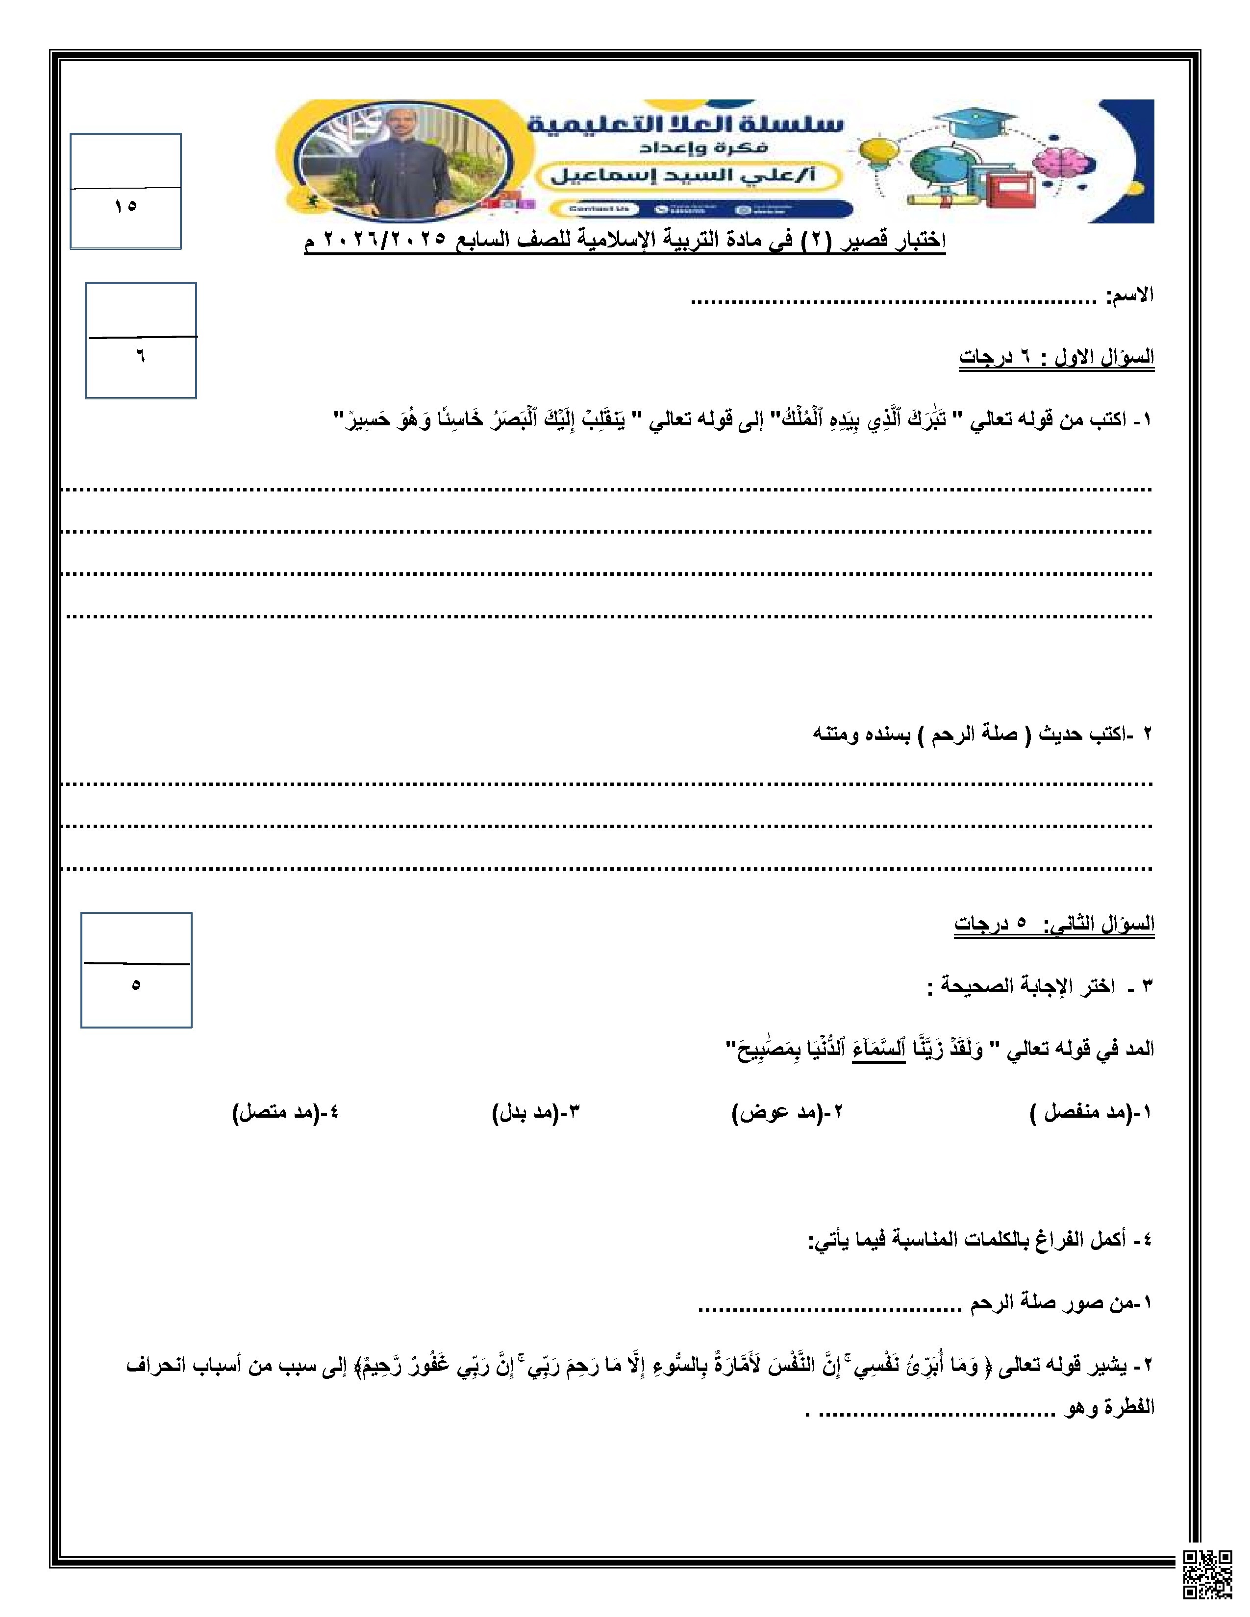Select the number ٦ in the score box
pyautogui.click(x=140, y=357)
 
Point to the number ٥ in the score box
pyautogui.click(x=135, y=985)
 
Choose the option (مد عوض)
pyautogui.click(x=786, y=1133)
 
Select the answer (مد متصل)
pyautogui.click(x=285, y=1133)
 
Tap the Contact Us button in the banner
pyautogui.click(x=599, y=209)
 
